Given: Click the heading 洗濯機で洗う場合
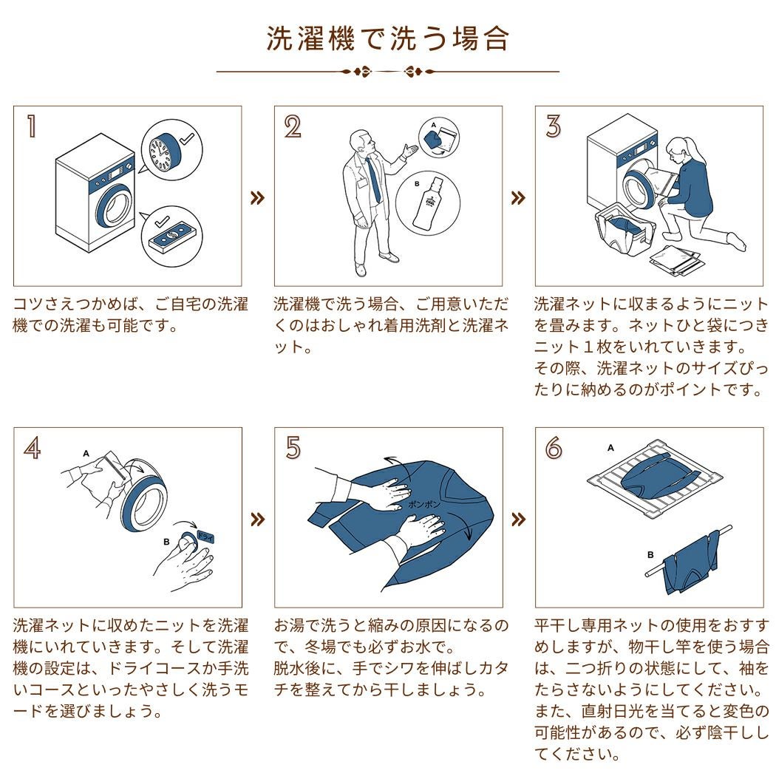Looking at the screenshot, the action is pyautogui.click(x=388, y=39).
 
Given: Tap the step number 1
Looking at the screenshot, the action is pyautogui.click(x=32, y=126).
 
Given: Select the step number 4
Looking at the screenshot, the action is pyautogui.click(x=33, y=448).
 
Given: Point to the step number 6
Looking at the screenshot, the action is pyautogui.click(x=554, y=448).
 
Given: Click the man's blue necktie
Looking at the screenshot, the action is pyautogui.click(x=374, y=179).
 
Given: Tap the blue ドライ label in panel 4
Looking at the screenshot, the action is pyautogui.click(x=205, y=537).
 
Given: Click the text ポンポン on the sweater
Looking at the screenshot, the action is pyautogui.click(x=423, y=505).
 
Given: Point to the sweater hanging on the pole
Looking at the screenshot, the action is pyautogui.click(x=690, y=560).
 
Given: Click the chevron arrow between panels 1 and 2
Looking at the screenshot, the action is pyautogui.click(x=258, y=198).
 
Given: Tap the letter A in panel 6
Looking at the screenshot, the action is pyautogui.click(x=610, y=448).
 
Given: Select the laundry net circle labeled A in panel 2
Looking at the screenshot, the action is pyautogui.click(x=439, y=137).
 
